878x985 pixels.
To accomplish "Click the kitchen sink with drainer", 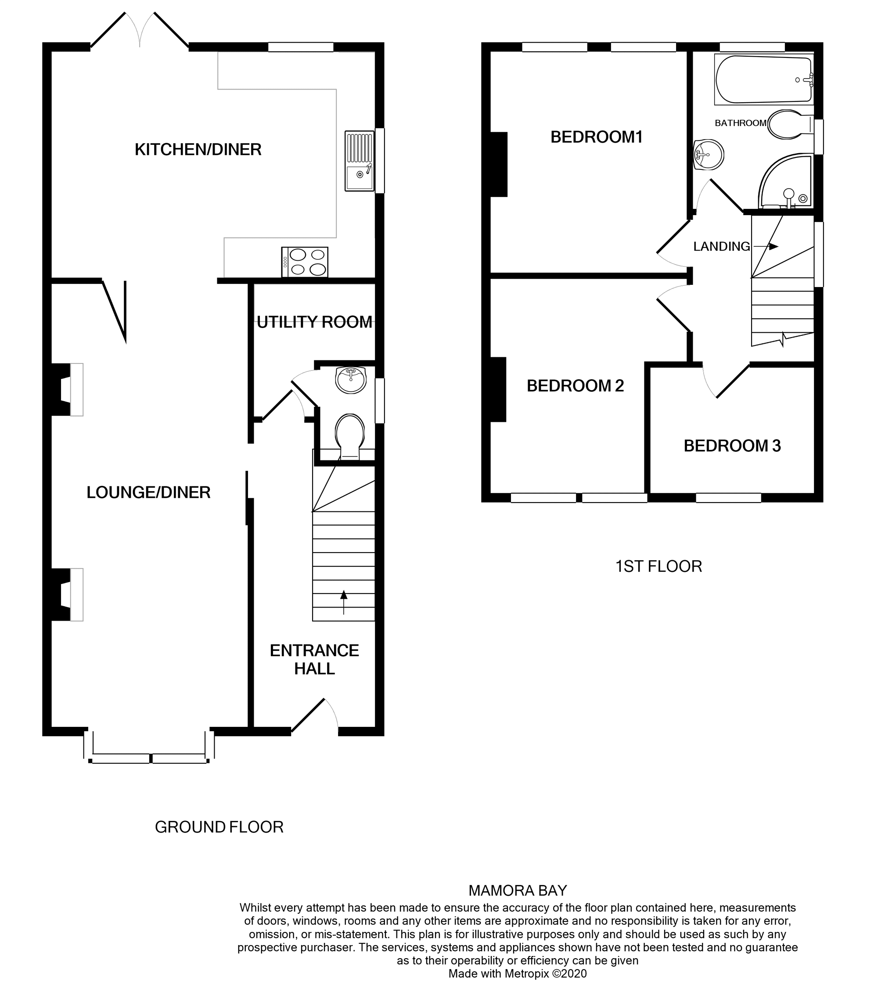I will coord(360,161).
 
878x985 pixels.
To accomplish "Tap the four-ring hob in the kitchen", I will coord(305,262).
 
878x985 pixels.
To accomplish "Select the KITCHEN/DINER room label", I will coord(198,150).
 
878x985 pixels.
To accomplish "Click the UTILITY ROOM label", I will coord(314,322).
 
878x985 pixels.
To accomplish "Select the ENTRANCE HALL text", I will coord(314,659).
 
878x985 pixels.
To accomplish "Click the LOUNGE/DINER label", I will coord(148,492).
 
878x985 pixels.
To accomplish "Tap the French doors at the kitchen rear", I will coord(140,30).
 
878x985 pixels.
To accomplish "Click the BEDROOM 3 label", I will coord(732,446).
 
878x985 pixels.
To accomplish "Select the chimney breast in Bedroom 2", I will coord(498,389).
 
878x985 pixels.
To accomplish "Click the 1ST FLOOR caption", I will coord(658,566).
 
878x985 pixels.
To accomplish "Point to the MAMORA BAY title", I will coord(518,891).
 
